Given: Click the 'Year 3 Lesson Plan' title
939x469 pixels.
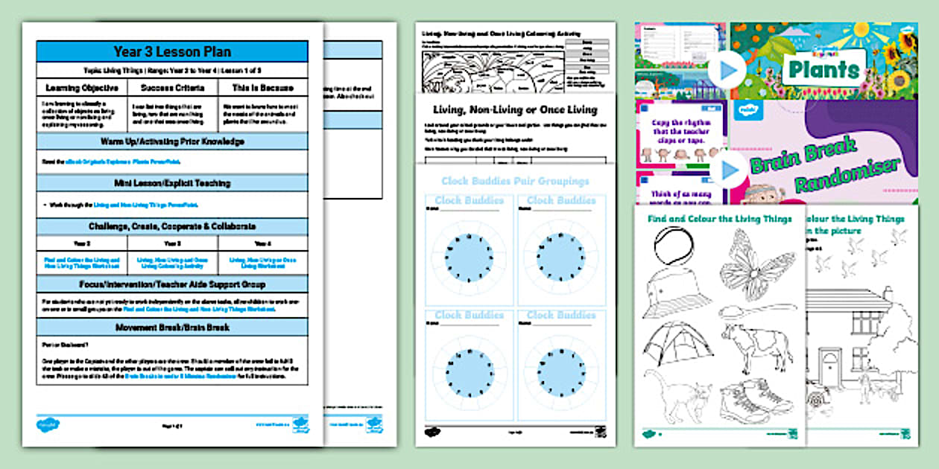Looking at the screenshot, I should [x=172, y=51].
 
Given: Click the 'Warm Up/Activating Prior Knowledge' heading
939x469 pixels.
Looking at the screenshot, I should [x=172, y=141].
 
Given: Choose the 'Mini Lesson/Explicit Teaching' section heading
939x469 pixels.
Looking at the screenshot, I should [x=172, y=183].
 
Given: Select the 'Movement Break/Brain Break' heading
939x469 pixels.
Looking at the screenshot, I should [x=172, y=328].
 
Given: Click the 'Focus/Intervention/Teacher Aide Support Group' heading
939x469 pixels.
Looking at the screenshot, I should [x=172, y=284].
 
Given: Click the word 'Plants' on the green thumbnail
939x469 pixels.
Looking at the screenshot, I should [x=823, y=70].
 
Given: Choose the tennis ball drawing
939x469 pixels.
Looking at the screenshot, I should [x=668, y=244].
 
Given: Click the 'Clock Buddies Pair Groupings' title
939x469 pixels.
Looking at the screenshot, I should [x=515, y=181].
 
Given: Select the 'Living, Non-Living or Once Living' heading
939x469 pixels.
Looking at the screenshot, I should [x=515, y=109].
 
